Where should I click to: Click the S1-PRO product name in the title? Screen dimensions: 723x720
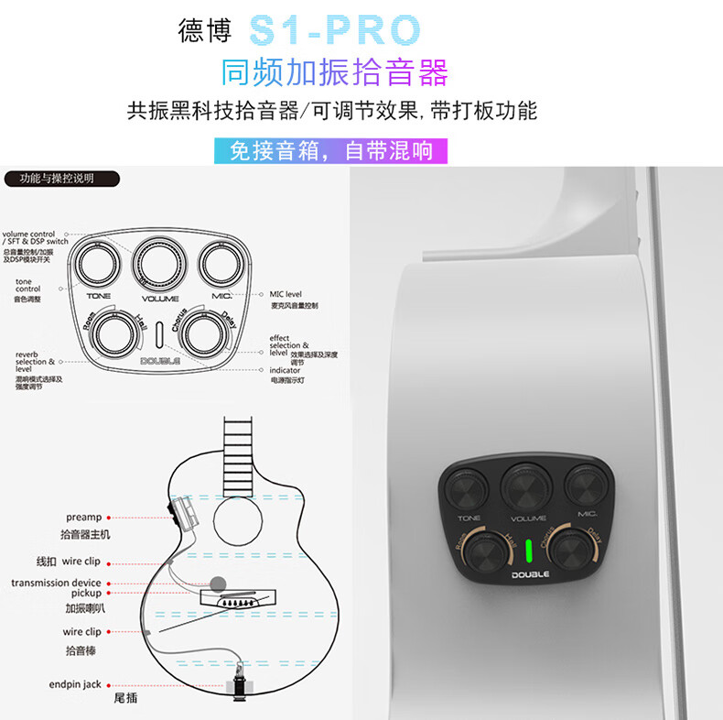coord(335,30)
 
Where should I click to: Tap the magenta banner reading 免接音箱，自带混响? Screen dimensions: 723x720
coord(330,150)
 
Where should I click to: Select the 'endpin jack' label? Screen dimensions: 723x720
coord(74,684)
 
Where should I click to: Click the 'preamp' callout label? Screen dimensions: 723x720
coord(83,518)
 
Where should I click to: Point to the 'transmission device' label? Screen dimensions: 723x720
coord(56,583)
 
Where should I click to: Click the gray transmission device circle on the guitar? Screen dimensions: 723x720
coord(217,583)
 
